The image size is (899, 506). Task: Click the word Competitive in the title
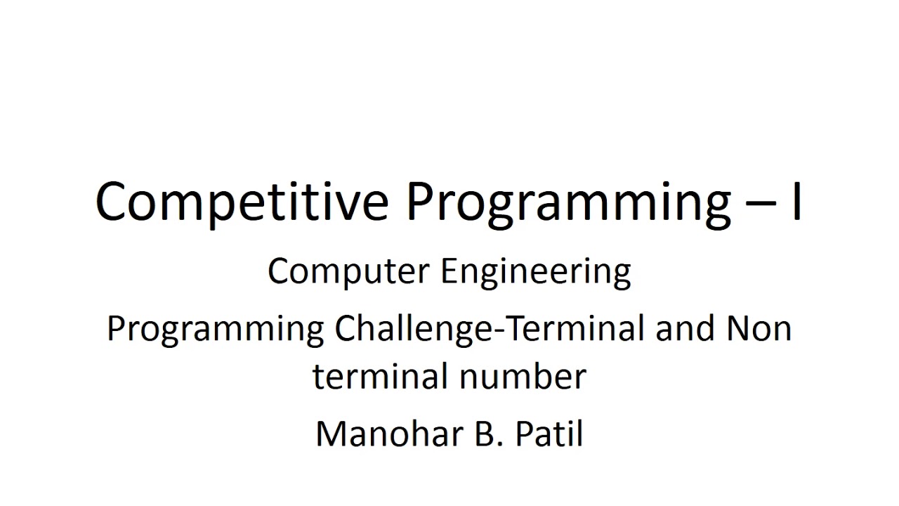tap(241, 201)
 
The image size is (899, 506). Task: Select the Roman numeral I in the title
tap(796, 201)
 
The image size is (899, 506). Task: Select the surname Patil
tap(549, 434)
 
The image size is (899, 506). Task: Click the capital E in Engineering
tap(447, 271)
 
